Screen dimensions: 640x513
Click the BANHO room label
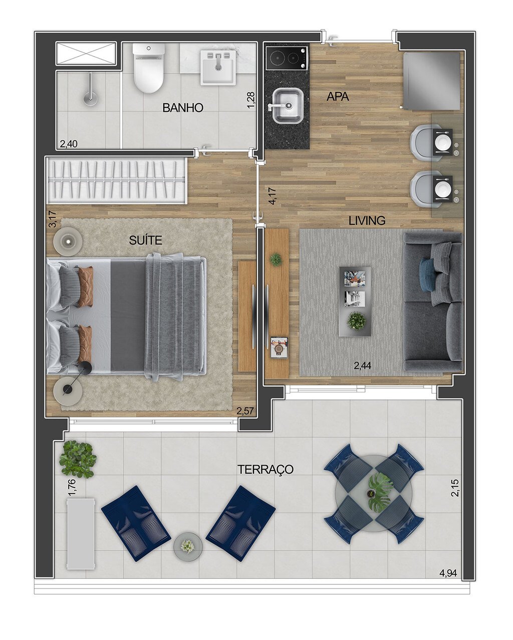click(x=182, y=108)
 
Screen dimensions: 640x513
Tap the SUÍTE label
click(x=145, y=241)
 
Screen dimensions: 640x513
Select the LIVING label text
click(x=367, y=221)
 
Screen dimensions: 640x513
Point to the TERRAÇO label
click(x=265, y=470)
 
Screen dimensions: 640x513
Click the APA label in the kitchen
click(x=338, y=97)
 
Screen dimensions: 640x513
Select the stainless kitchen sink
click(x=288, y=106)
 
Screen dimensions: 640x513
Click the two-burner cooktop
click(x=287, y=58)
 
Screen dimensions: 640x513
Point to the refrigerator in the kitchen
click(x=431, y=81)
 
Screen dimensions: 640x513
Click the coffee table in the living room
click(x=355, y=301)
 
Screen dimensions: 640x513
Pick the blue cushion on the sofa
click(x=427, y=274)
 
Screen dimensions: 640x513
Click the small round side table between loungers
click(x=188, y=547)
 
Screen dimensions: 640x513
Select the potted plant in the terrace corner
click(x=78, y=459)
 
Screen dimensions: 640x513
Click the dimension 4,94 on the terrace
click(x=448, y=573)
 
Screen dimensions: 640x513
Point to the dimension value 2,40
click(x=69, y=144)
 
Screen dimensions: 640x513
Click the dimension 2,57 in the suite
click(x=245, y=411)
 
